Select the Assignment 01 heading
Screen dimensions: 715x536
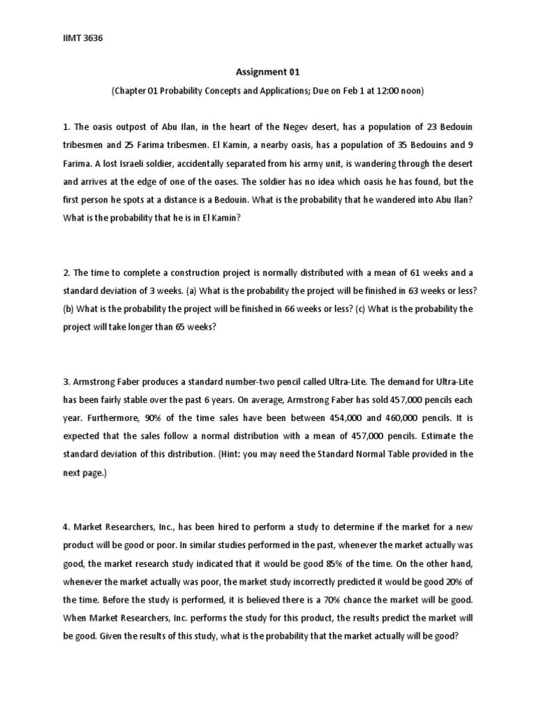pyautogui.click(x=268, y=71)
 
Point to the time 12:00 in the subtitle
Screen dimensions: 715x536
pyautogui.click(x=385, y=91)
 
